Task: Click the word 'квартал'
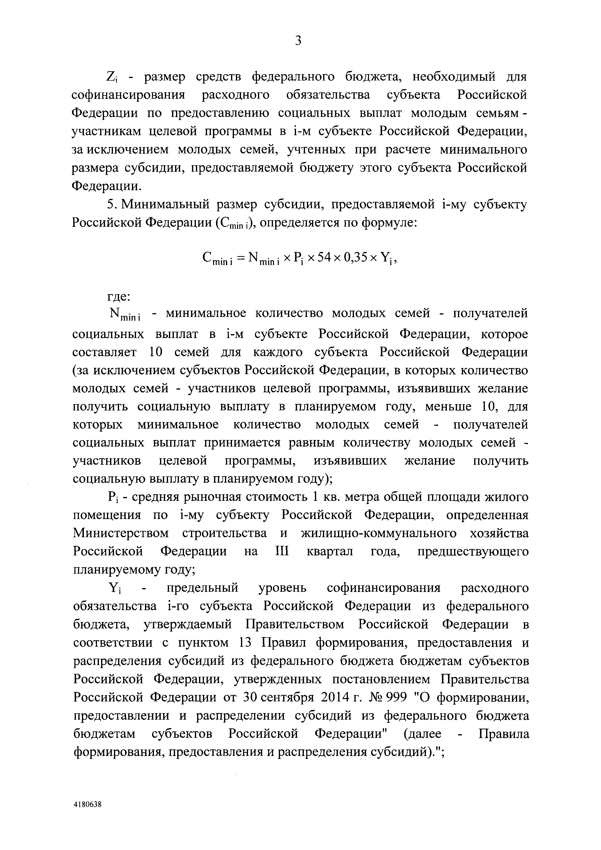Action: (x=330, y=552)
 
